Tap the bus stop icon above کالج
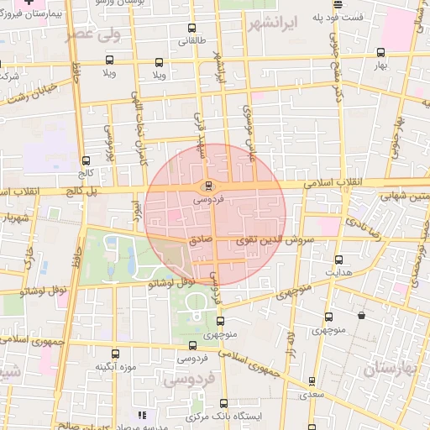(86, 160)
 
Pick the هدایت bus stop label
(338, 273)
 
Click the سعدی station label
(312, 393)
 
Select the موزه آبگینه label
(116, 367)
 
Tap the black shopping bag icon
(361, 315)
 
